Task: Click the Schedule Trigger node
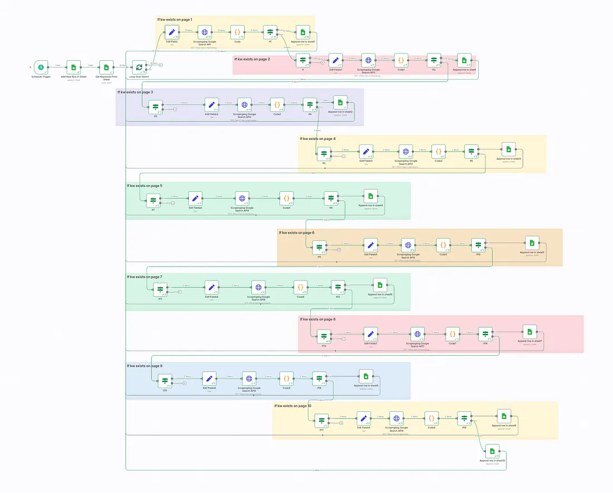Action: (41, 67)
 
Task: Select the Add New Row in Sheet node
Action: (73, 67)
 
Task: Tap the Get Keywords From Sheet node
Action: (106, 67)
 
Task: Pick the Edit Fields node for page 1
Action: (172, 32)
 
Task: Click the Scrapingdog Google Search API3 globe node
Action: (406, 151)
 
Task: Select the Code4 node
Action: (287, 198)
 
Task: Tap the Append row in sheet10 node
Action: (492, 451)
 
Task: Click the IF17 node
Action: (322, 420)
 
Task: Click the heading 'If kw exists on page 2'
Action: (252, 59)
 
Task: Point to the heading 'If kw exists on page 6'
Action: (297, 233)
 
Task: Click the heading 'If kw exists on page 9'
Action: (144, 366)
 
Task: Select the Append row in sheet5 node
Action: (532, 243)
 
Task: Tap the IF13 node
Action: (324, 336)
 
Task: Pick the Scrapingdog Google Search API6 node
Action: (258, 288)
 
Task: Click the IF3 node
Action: (155, 105)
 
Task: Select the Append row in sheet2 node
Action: (340, 102)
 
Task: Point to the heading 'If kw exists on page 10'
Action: (293, 406)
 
